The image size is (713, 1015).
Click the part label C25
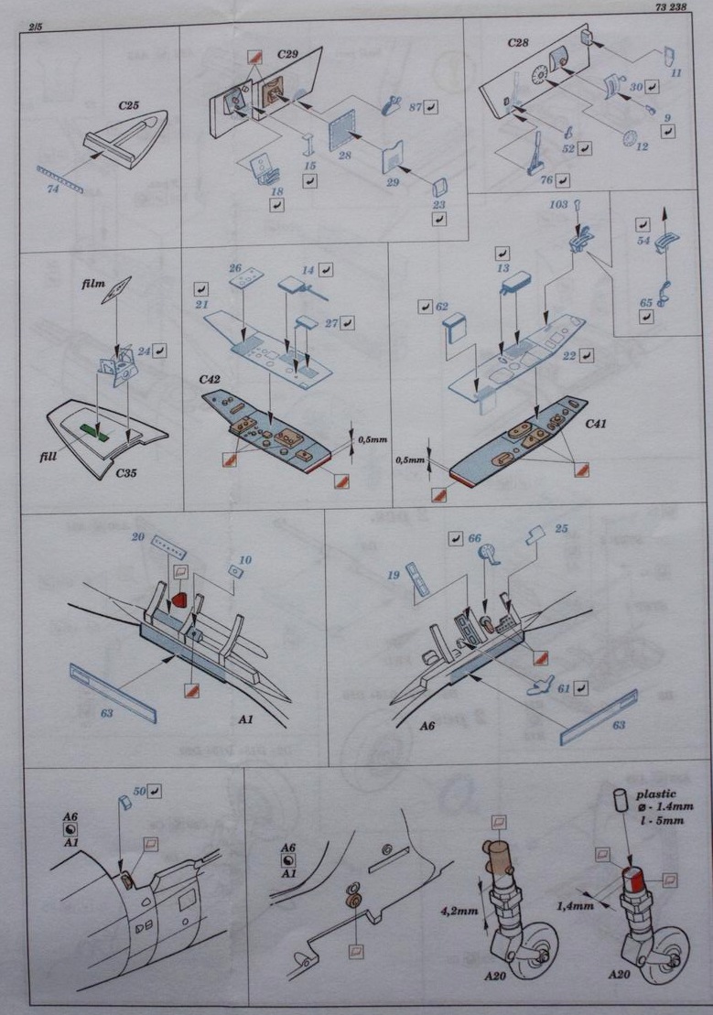pos(128,106)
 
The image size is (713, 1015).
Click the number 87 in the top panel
pos(413,107)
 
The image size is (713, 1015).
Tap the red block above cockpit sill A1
pos(181,599)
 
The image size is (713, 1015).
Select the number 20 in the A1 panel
pos(138,538)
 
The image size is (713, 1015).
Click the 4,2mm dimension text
pos(456,911)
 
